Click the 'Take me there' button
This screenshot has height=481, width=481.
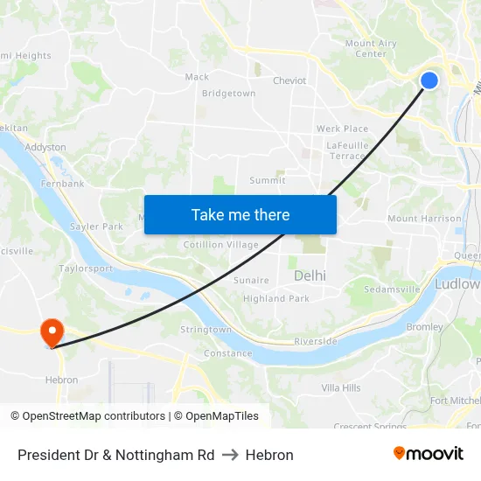[x=240, y=214]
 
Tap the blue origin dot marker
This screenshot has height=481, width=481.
[x=429, y=80]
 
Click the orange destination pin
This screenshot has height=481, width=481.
[x=52, y=331]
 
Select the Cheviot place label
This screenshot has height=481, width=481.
[x=289, y=80]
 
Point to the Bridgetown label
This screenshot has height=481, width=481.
[x=228, y=94]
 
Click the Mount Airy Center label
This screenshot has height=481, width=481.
[x=371, y=48]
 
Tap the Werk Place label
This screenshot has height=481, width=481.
[x=342, y=129]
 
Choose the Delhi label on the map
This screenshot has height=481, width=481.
[x=310, y=275]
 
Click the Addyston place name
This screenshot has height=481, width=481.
[x=45, y=147]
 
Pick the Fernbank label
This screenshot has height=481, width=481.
[x=62, y=184]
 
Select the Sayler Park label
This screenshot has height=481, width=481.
[x=96, y=227]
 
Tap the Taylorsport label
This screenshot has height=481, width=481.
[x=86, y=268]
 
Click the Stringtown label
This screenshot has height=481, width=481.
[x=206, y=330]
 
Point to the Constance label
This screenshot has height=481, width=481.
[x=227, y=353]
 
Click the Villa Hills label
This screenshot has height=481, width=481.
[x=341, y=387]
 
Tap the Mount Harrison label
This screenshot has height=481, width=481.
[x=424, y=219]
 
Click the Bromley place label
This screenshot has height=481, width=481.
[x=425, y=327]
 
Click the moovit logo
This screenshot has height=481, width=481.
[x=429, y=454]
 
